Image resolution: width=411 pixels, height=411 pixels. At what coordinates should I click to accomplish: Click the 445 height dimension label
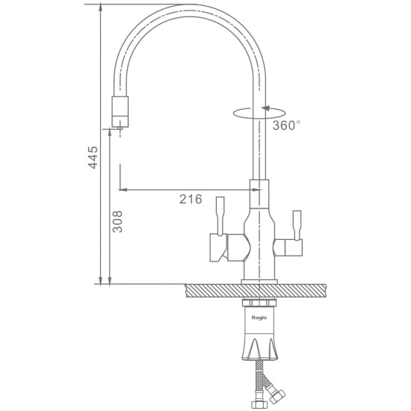[93, 157]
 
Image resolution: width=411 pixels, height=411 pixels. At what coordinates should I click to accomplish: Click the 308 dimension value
[117, 221]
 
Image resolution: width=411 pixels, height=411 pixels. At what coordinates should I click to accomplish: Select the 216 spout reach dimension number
[191, 200]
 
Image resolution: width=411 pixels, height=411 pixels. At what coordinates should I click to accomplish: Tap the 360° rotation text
[286, 126]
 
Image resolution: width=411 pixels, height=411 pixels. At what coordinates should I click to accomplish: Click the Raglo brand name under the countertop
[259, 318]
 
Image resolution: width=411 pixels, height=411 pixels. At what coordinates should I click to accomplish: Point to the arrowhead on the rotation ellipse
[265, 108]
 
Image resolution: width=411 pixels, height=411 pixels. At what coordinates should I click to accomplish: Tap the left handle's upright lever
[220, 215]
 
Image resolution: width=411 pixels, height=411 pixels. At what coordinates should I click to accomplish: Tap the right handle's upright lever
[297, 225]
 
